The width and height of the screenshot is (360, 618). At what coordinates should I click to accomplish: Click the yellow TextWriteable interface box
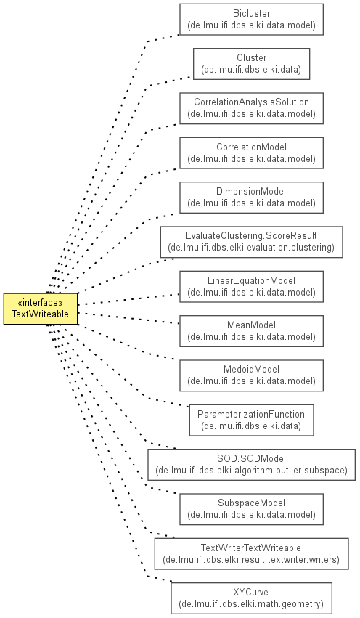pos(41,309)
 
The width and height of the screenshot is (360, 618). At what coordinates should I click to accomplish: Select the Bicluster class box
pos(251,20)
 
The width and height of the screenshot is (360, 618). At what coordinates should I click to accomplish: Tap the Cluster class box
pos(251,64)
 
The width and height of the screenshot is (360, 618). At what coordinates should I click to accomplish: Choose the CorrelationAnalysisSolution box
pos(251,108)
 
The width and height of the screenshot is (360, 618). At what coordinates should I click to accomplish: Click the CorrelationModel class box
pos(251,153)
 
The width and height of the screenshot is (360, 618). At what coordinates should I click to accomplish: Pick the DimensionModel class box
pos(251,198)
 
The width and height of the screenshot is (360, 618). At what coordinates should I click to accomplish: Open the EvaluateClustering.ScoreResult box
pos(251,242)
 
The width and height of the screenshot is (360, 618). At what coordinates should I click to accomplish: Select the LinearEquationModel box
pos(251,287)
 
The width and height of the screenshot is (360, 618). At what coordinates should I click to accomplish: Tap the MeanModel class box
pos(251,331)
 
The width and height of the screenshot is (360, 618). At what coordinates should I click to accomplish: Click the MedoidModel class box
pos(251,375)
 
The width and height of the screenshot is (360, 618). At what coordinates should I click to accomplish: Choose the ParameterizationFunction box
pos(251,420)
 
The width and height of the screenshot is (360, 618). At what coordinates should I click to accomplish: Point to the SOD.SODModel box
pos(251,465)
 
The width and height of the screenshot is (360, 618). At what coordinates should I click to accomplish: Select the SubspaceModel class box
pos(251,509)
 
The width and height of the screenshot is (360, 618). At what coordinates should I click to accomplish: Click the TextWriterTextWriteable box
pos(251,554)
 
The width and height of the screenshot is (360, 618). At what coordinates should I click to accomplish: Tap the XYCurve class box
pos(251,598)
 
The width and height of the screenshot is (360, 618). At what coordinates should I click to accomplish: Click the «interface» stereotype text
pos(40,303)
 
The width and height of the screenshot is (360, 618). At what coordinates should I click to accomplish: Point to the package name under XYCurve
pos(251,603)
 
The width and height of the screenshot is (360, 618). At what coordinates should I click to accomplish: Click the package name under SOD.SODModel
pos(251,470)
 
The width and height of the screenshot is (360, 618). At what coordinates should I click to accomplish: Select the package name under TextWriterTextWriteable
pos(251,559)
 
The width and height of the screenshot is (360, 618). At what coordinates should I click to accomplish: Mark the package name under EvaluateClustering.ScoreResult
pos(251,248)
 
